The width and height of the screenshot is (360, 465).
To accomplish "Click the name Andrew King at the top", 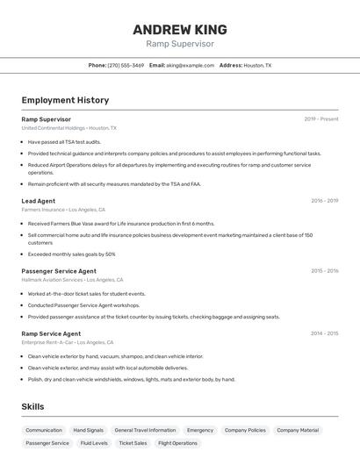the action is (x=180, y=29).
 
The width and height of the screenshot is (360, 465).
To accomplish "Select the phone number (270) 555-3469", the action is (x=126, y=65).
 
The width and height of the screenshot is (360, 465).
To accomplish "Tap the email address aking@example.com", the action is (x=190, y=65).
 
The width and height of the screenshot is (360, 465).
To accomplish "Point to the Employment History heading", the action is (x=65, y=100).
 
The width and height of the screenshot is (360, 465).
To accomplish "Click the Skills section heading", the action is (x=32, y=406).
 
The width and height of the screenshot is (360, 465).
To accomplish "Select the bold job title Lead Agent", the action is (x=38, y=201).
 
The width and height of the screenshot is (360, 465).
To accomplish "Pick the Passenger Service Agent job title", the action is (x=59, y=271).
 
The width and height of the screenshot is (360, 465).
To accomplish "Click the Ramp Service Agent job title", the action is (x=51, y=333).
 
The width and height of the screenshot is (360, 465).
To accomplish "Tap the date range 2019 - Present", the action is (x=320, y=118).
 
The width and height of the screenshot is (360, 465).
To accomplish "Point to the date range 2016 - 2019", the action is (x=324, y=201).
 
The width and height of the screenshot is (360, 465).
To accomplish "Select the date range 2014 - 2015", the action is (x=324, y=333).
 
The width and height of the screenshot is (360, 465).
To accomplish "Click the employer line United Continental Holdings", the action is (x=53, y=127).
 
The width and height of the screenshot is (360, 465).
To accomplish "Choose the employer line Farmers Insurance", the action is (x=43, y=210).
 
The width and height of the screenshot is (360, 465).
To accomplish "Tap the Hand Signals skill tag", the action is (x=88, y=430).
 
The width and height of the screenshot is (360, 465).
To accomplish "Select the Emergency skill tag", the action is (x=199, y=430).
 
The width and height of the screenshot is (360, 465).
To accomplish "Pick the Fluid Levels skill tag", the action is (x=94, y=443).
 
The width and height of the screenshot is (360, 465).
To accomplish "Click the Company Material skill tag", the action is (x=298, y=430).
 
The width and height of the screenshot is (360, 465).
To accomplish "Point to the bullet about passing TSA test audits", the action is (x=64, y=141).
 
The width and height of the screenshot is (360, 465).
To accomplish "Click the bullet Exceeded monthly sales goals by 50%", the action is (x=71, y=254).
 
